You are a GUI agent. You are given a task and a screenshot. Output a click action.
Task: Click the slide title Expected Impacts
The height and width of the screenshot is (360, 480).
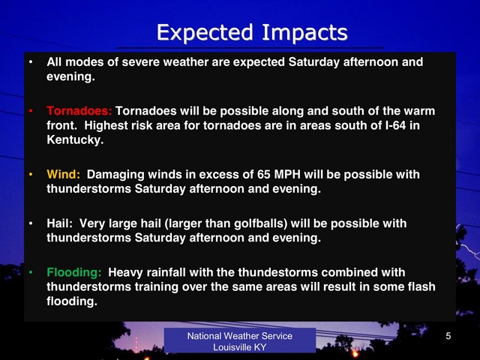pos(252,32)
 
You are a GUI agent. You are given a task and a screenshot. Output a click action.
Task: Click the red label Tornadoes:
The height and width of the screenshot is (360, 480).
pos(79,111)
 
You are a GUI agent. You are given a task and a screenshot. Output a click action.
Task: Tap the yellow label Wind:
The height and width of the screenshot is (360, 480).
pos(63,174)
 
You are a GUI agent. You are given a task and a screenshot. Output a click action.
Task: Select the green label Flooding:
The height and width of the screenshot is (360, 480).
pos(73,272)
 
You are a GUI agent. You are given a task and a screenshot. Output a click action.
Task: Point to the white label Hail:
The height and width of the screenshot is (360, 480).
pos(60,223)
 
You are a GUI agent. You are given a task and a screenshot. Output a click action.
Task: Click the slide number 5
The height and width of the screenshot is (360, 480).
pos(448,336)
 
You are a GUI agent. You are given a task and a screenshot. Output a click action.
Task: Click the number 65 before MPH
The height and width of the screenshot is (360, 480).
pos(263,174)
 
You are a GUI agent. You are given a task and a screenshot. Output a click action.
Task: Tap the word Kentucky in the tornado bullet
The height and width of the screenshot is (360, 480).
pos(75,140)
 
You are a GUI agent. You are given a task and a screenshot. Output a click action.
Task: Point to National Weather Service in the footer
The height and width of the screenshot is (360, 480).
pos(240,336)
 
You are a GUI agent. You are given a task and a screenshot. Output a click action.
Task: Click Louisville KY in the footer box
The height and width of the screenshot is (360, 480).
pos(240,347)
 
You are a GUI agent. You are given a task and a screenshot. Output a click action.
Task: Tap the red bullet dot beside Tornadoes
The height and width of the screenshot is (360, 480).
pos(31,111)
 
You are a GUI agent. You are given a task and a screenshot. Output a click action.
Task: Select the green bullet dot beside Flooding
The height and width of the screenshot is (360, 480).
pos(31,272)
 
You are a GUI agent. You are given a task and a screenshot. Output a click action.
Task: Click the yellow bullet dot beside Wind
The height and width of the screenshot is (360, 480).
pos(31,174)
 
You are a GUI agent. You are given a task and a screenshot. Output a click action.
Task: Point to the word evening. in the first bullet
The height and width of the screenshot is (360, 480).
pos(70,76)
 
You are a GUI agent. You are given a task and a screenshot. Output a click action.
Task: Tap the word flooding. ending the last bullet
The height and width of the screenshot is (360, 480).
pos(72,301)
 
